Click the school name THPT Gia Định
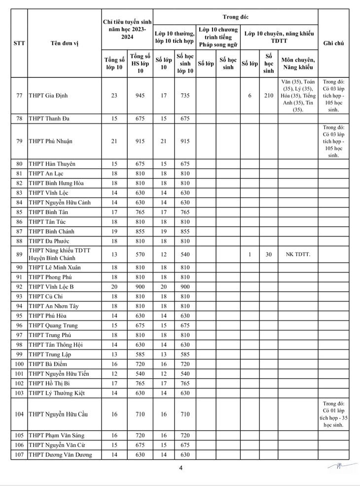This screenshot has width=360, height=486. click(x=48, y=96)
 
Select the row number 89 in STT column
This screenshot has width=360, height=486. click(x=19, y=254)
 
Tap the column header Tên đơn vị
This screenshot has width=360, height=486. click(x=64, y=43)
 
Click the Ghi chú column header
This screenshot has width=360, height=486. click(x=333, y=43)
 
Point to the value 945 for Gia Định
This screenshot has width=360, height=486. click(x=141, y=96)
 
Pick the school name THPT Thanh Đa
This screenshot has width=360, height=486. click(x=49, y=119)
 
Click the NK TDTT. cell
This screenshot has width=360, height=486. click(x=298, y=254)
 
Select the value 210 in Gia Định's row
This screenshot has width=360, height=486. click(x=268, y=96)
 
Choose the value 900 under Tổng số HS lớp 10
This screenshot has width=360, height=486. click(x=141, y=286)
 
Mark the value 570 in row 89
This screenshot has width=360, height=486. click(x=141, y=254)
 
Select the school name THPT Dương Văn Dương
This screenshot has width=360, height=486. click(x=60, y=455)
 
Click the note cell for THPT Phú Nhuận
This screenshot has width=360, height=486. click(x=333, y=141)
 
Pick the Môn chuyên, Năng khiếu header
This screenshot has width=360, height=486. click(x=298, y=64)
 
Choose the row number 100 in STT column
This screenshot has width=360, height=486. click(x=19, y=364)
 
